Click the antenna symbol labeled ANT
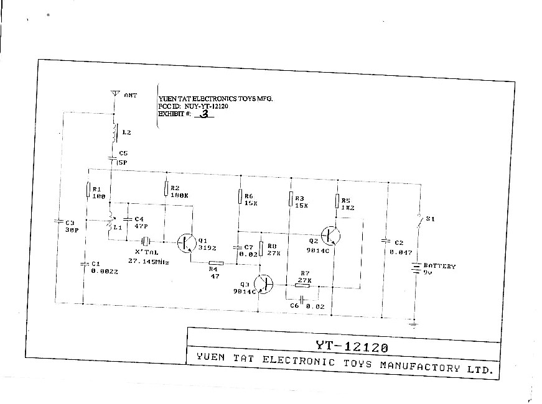114,94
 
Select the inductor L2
114,132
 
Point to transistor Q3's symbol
264,283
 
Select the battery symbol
413,268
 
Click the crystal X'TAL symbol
145,241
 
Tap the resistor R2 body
166,188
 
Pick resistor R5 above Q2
338,201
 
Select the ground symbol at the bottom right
413,323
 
